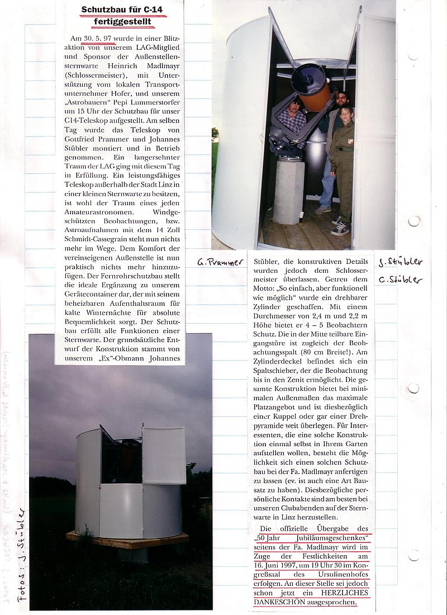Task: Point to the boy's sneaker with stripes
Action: click(x=341, y=229)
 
